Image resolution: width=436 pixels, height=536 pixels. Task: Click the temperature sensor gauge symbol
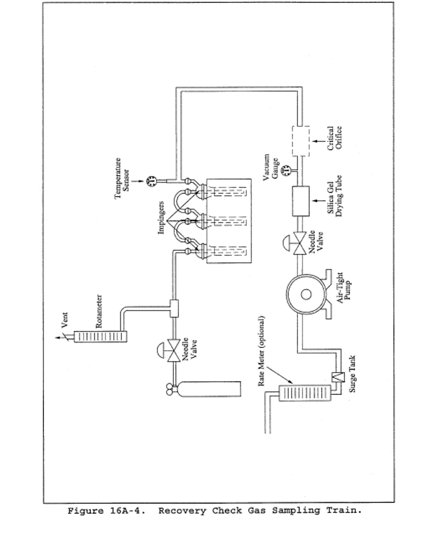(152, 181)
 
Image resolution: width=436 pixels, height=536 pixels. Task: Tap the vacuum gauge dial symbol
(287, 169)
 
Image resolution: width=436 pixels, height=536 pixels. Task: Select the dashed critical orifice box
(301, 141)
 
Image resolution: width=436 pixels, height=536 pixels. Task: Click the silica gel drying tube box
(301, 201)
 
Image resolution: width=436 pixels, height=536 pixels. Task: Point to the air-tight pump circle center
(306, 294)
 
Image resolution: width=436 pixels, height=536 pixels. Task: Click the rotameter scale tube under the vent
(100, 336)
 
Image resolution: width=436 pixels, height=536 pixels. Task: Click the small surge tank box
(336, 377)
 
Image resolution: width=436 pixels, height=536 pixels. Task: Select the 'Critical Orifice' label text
(335, 138)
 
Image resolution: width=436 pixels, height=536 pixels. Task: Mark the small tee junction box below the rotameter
(174, 308)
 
